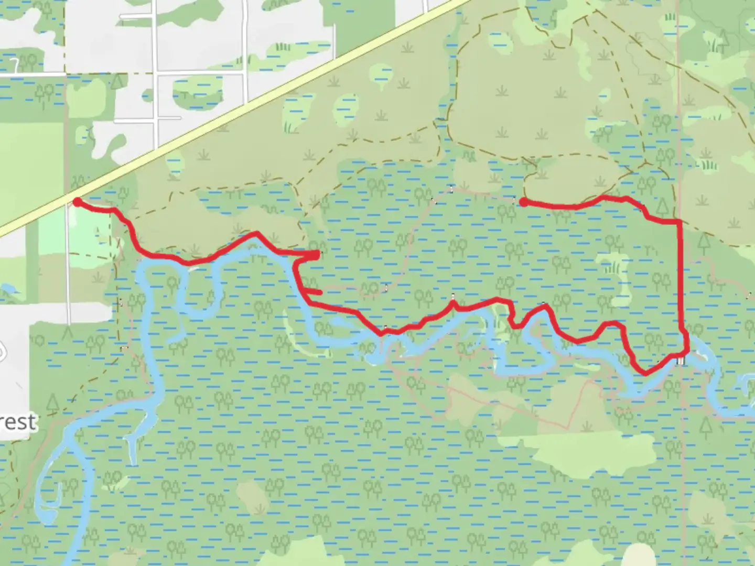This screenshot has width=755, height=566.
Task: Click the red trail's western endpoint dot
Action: [77, 202]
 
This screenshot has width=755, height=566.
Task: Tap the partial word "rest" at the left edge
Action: [18, 421]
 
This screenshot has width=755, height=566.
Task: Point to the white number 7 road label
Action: [16, 65]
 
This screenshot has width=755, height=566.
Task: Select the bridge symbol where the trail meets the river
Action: [681, 361]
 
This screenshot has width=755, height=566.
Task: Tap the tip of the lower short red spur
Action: [319, 292]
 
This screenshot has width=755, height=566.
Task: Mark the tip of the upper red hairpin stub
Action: [318, 255]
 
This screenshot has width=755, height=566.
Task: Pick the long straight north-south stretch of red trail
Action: [681, 278]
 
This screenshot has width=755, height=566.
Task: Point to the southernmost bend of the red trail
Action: [644, 373]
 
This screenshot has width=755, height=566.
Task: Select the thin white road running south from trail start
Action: [68, 262]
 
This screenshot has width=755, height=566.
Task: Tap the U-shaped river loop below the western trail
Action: [197, 293]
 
